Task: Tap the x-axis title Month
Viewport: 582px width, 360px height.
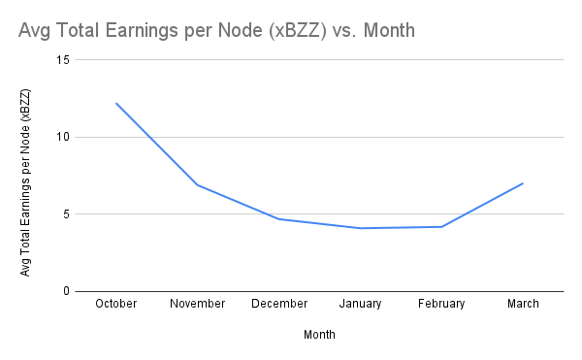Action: [319, 334]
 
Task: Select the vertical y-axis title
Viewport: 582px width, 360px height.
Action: [26, 181]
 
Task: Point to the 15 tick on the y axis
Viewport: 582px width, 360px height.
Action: [63, 59]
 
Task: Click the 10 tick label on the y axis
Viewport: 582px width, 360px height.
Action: [63, 137]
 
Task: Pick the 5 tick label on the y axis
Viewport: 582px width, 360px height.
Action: [66, 214]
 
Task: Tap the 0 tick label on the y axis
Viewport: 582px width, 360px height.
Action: [66, 291]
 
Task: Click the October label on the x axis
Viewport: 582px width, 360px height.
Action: [116, 304]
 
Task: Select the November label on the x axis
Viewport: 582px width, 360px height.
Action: [197, 304]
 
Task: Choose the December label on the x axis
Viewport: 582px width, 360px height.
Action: [279, 304]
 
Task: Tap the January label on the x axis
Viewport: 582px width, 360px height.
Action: [360, 304]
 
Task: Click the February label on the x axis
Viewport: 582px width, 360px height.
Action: [441, 304]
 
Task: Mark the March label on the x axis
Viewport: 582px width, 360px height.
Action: [523, 304]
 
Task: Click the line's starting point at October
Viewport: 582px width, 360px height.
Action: [116, 103]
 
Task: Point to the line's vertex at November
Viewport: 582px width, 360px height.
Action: [198, 184]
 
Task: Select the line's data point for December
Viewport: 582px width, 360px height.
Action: [279, 219]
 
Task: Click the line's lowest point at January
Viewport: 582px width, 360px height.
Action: [360, 228]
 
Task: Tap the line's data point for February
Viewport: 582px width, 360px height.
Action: [441, 227]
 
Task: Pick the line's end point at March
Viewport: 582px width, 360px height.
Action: [523, 183]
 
